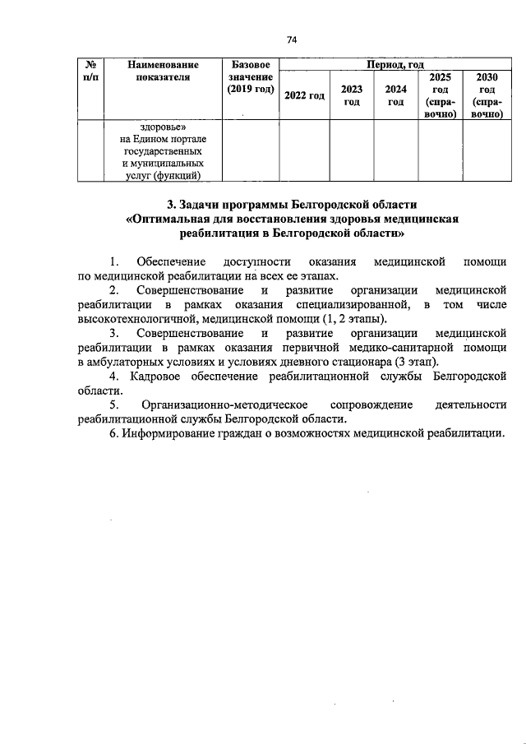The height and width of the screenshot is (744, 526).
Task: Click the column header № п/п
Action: click(88, 71)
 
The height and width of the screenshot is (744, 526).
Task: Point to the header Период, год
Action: click(393, 63)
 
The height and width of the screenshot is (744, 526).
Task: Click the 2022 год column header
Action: click(304, 96)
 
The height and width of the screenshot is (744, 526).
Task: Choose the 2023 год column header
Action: click(352, 95)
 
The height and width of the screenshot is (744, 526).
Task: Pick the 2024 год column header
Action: click(396, 95)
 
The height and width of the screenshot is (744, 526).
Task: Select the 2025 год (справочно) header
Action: click(441, 95)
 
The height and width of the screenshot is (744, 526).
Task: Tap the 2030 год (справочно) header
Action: click(487, 95)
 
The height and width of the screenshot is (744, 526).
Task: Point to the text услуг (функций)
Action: click(163, 174)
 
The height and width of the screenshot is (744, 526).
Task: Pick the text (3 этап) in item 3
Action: click(416, 363)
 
